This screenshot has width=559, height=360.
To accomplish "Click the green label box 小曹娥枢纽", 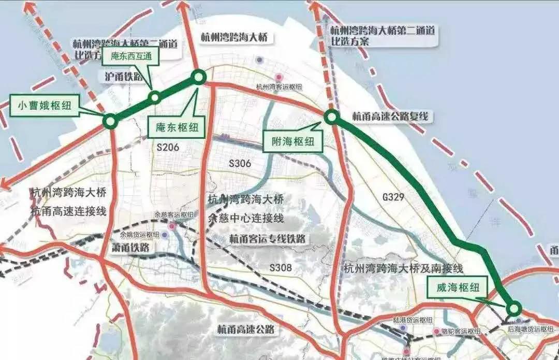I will coord(45,106).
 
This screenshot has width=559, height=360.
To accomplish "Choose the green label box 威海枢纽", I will coord(453,289).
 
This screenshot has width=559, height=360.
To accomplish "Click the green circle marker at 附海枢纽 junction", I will coord(331,118).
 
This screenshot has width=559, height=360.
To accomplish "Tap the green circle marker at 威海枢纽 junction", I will coord(513,308).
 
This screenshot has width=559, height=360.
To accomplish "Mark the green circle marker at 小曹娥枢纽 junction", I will coord(110,121).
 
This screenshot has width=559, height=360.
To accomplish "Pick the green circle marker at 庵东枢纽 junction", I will coord(199,77).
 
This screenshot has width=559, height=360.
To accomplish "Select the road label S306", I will coord(240,164).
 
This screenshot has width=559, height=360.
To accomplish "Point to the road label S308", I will coord(281,268).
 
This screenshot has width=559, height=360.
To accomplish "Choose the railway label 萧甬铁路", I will coord(130,248).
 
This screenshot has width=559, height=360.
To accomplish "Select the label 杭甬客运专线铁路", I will coord(267,239).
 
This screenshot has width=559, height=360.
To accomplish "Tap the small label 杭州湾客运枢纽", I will coord(279,88).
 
